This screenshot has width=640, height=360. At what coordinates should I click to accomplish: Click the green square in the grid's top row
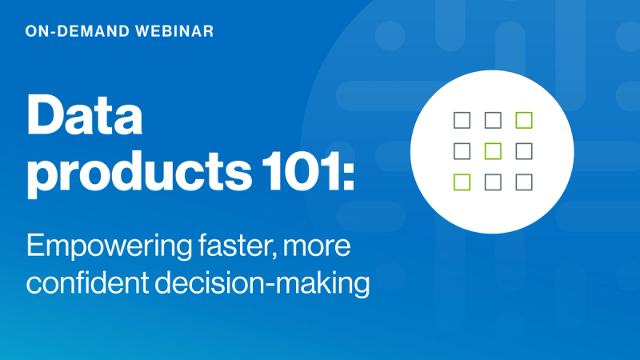click(x=524, y=120)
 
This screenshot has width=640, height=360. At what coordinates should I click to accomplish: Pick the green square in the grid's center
click(x=493, y=150)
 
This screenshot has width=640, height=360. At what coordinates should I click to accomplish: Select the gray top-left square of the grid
click(x=462, y=120)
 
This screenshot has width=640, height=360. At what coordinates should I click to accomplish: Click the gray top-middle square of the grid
click(x=493, y=120)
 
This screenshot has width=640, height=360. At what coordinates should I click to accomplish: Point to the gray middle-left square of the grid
click(x=462, y=150)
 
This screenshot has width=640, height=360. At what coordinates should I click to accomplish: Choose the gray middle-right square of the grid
click(x=524, y=150)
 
